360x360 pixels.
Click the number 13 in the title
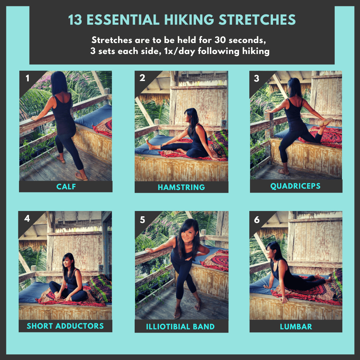coord(75,20)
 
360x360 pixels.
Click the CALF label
coord(66,187)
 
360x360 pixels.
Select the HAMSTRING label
coord(181,187)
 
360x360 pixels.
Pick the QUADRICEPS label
coord(295,186)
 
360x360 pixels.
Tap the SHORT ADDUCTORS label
coord(65,326)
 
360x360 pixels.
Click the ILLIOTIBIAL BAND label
coord(180,326)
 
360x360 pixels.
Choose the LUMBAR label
coord(296,326)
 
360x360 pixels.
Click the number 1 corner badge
coord(28,78)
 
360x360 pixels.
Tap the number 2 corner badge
coord(142,78)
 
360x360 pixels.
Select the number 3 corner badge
coord(256,79)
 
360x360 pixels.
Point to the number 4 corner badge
coord(27,218)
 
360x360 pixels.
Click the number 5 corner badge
coord(142,220)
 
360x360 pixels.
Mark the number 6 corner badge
coord(257,220)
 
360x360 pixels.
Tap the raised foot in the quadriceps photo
coord(326,122)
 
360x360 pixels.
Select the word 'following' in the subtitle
coord(219,51)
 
